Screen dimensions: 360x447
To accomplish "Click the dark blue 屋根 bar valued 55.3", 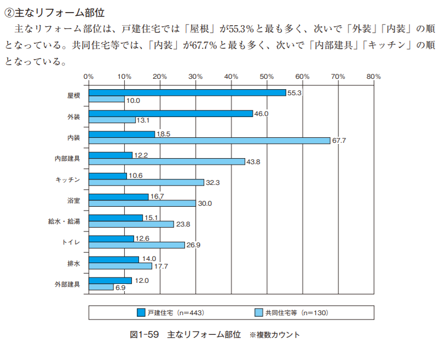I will tap(187, 92).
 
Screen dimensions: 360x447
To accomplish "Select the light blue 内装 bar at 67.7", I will tap(210, 141).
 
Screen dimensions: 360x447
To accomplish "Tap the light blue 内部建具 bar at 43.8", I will tap(167, 161).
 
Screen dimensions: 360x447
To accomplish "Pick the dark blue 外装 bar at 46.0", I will tap(171, 113).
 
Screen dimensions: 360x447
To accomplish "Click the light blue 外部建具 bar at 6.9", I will tap(101, 287).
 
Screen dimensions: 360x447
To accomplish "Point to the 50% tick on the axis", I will tap(267, 77).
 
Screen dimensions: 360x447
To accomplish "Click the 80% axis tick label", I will tap(373, 77).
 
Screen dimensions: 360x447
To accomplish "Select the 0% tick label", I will tap(89, 77).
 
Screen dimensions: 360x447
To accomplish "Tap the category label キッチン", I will tap(68, 179).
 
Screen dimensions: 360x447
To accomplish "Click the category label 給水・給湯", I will tap(65, 221).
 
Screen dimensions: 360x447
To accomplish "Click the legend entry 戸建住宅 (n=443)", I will tap(170, 313).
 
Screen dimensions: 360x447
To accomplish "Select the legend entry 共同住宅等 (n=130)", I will tap(292, 313).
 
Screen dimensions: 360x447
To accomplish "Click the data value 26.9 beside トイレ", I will tap(193, 245).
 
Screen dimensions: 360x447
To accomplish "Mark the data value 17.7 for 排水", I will tap(161, 266).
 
